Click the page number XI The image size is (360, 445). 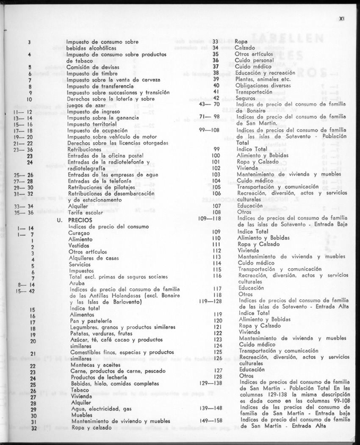point(343,19)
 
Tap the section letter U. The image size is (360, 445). point(60,221)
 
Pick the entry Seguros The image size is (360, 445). point(245,98)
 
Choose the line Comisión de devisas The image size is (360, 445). point(93,67)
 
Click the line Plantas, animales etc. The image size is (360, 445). point(263,79)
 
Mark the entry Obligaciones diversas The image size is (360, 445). point(263,85)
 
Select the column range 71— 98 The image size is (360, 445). point(209,116)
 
